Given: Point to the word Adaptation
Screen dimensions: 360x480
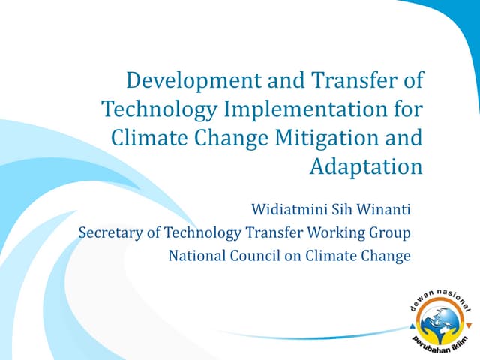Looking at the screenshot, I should click(366, 167).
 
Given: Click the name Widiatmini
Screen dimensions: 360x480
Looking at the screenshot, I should click(283, 208).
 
